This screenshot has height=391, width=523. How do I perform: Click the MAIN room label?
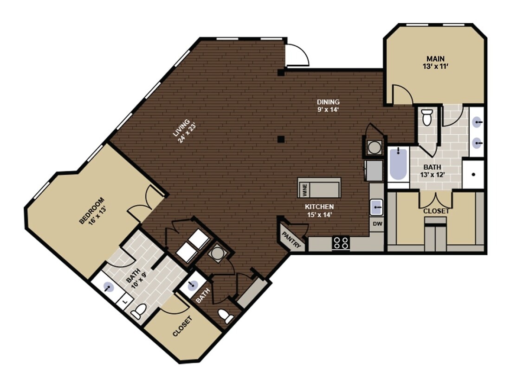(x=436, y=59)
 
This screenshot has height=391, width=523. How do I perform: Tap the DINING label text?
(x=328, y=102)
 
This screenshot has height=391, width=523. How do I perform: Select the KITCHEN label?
(x=319, y=207)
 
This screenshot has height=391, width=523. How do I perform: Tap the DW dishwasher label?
(x=377, y=224)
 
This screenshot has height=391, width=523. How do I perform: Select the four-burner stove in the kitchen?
(x=341, y=243)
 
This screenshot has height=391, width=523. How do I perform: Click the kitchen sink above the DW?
(x=376, y=206)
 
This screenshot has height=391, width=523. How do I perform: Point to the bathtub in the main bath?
(x=398, y=165)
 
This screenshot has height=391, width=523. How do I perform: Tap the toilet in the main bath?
(x=427, y=116)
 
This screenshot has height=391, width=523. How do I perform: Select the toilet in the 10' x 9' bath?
(x=138, y=313)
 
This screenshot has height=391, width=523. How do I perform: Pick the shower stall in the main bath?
(x=473, y=174)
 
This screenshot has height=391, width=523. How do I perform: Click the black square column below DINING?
(x=281, y=139)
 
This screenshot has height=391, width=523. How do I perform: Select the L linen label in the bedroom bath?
(x=124, y=300)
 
